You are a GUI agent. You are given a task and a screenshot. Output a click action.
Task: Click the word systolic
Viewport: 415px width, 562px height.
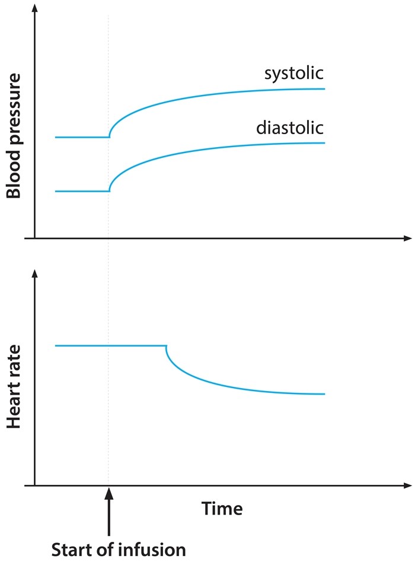[x=293, y=74]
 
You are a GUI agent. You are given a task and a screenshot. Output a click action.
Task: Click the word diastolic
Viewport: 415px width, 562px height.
[x=290, y=128]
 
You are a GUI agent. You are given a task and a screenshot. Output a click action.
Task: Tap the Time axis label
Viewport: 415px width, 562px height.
[x=222, y=509]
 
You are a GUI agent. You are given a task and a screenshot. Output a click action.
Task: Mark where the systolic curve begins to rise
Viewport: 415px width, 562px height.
[x=109, y=137]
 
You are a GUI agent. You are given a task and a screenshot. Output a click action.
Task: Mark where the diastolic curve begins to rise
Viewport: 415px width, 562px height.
[x=109, y=191]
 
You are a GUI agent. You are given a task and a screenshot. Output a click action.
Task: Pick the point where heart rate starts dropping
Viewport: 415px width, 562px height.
[x=166, y=345]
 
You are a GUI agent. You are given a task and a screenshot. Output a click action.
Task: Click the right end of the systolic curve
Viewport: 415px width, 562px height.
[x=324, y=88]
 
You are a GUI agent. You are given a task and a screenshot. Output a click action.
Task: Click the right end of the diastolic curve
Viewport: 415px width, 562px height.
[x=324, y=143]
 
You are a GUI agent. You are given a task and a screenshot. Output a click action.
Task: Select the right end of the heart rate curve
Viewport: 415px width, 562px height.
[x=324, y=394]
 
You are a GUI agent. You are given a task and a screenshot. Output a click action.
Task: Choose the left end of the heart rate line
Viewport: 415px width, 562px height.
[x=56, y=345]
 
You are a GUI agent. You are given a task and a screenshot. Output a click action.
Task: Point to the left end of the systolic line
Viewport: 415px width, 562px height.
[x=56, y=137]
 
